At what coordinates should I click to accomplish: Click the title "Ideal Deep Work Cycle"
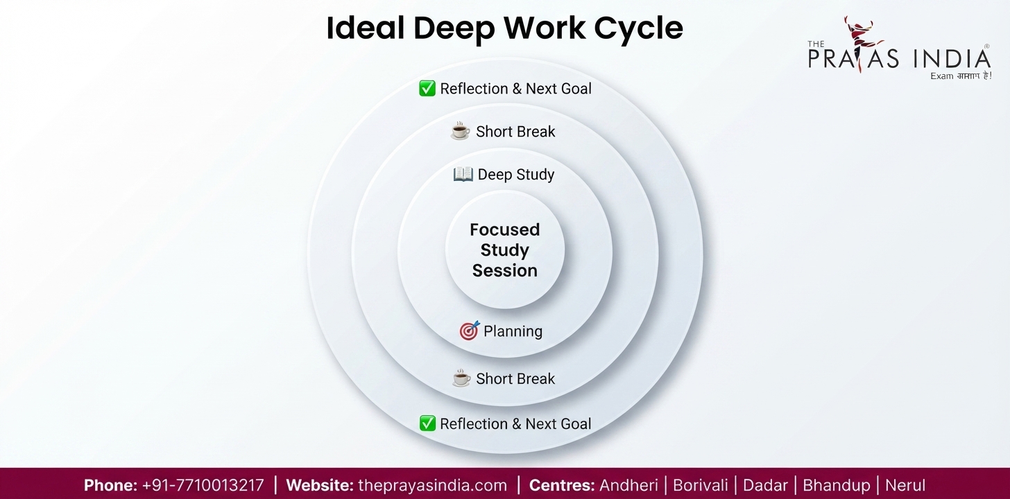click(504, 28)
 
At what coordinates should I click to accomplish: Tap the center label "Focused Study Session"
click(504, 250)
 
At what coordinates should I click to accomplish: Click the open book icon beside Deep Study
click(463, 174)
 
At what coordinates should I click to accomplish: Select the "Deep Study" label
click(516, 174)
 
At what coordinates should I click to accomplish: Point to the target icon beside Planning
click(470, 331)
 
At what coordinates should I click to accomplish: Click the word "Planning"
click(513, 331)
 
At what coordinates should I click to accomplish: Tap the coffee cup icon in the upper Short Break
click(461, 130)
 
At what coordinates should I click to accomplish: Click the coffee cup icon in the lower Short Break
click(461, 378)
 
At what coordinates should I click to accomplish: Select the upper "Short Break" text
click(515, 132)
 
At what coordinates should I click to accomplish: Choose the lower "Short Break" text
click(515, 378)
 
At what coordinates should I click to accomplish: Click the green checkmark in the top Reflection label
click(427, 88)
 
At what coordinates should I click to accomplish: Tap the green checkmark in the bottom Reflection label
click(427, 423)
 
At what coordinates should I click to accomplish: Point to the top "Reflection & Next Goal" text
click(516, 89)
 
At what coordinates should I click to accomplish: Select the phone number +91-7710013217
click(203, 485)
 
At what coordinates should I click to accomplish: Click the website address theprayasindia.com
click(432, 486)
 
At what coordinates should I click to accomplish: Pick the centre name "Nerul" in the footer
click(905, 485)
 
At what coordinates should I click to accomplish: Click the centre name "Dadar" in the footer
click(765, 485)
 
